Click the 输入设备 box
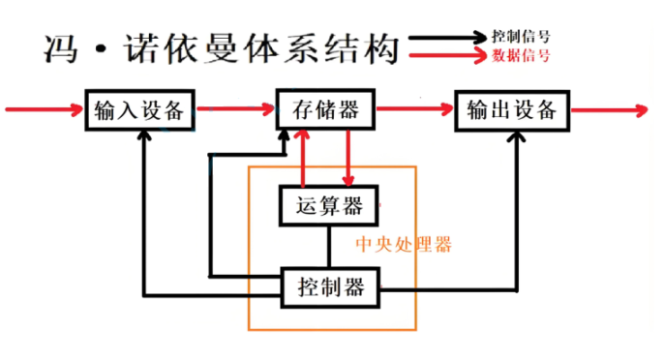(139, 108)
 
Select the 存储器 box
(325, 108)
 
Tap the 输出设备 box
(510, 108)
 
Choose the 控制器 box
(329, 285)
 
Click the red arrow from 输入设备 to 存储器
(236, 108)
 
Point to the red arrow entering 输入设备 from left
(44, 107)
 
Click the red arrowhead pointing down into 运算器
(349, 178)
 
